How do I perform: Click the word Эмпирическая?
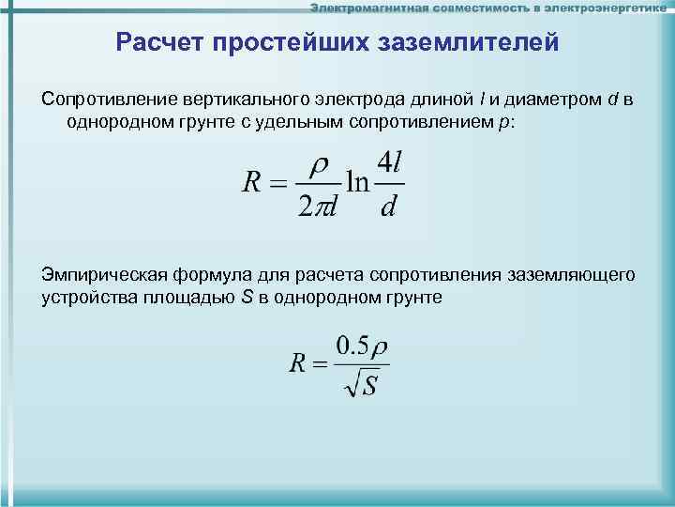[x=100, y=274]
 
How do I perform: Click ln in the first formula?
[x=356, y=182]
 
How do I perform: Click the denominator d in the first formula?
[x=388, y=207]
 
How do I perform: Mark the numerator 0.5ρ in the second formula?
[x=362, y=346]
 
